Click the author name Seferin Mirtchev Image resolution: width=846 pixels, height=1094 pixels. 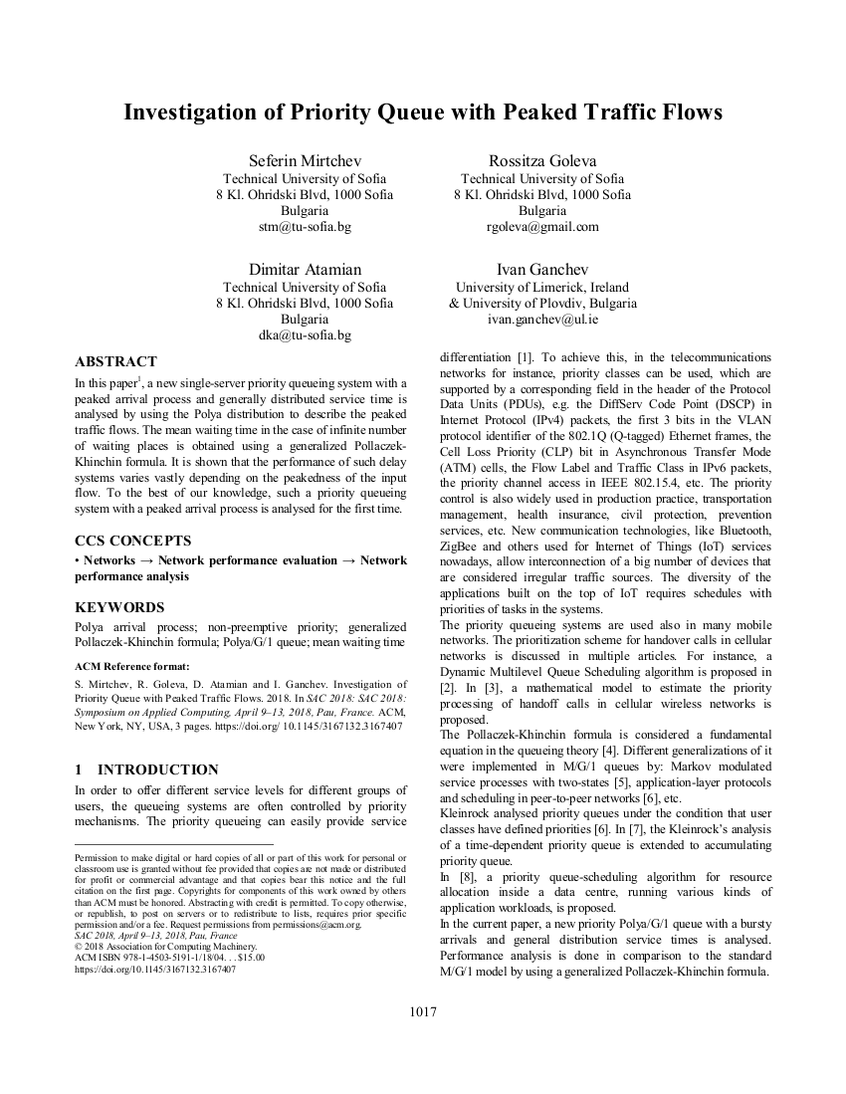coord(305,161)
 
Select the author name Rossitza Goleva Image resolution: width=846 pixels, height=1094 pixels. coord(542,161)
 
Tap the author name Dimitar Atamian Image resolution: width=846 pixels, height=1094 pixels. coord(305,269)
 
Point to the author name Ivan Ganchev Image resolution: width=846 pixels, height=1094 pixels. coord(542,269)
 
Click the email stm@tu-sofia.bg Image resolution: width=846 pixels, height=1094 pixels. coord(305,227)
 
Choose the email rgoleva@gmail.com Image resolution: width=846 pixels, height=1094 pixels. coord(542,227)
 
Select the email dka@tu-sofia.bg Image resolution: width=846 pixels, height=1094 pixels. coord(305,335)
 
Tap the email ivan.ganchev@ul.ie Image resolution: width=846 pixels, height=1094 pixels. coord(542,320)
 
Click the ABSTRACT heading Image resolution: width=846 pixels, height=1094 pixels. coord(115,361)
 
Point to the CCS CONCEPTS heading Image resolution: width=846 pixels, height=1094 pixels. coord(133,541)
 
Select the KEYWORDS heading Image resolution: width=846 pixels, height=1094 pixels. coord(119,607)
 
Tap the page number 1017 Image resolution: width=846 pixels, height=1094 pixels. coord(423,1012)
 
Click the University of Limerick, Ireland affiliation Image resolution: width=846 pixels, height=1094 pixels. coord(542,287)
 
